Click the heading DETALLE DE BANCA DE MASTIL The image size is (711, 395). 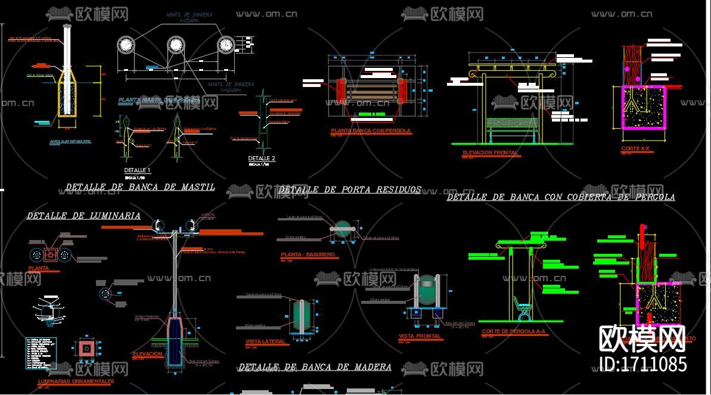point(140,187)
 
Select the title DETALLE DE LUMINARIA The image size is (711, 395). point(83,216)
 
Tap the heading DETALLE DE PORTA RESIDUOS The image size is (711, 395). point(349,190)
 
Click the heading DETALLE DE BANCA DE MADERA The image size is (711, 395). point(315,367)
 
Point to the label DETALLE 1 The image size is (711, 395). point(137,170)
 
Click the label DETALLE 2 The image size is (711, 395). point(262,158)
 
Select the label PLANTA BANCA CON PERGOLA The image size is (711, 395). point(371,130)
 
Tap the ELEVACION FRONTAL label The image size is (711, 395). point(490,153)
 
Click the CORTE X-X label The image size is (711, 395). point(635,148)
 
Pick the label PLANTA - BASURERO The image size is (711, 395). point(308,254)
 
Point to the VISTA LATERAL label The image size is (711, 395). point(266,341)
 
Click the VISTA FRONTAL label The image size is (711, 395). point(420,336)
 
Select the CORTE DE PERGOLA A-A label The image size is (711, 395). point(513,331)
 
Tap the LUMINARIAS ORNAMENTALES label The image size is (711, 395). point(76,381)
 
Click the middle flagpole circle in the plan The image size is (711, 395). point(175,45)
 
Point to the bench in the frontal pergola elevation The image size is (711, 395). point(512,127)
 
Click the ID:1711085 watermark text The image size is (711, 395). point(642,363)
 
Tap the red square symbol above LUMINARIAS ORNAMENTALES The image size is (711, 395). point(86,348)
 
